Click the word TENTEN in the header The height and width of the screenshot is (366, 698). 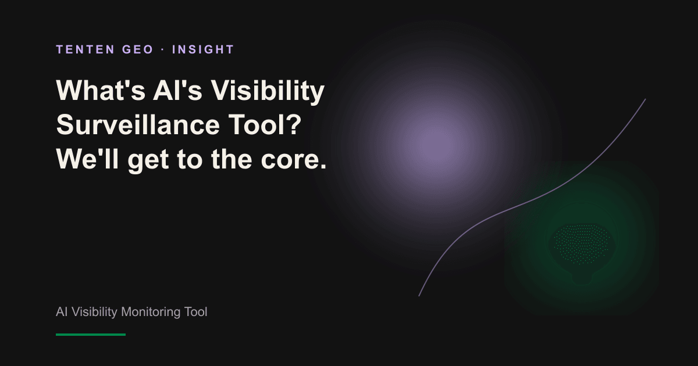coord(86,49)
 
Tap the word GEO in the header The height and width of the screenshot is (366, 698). coord(138,49)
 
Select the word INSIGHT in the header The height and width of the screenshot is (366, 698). coord(203,49)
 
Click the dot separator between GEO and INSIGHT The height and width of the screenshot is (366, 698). coord(163,50)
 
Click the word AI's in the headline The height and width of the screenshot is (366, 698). coord(177,90)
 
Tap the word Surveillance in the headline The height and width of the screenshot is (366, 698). coord(138,124)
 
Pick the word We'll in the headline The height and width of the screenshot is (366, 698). coord(87,159)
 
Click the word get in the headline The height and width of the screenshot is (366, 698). coord(148,160)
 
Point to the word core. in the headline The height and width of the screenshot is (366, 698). coord(294,159)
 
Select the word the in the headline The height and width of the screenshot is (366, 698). coord(232,159)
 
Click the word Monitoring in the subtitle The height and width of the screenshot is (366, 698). coord(151,312)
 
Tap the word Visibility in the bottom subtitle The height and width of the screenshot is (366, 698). coord(94,312)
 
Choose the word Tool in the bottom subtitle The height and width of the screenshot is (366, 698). coord(195,312)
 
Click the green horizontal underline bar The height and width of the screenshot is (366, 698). coord(91,335)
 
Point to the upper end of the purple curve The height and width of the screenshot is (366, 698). coord(645,99)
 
